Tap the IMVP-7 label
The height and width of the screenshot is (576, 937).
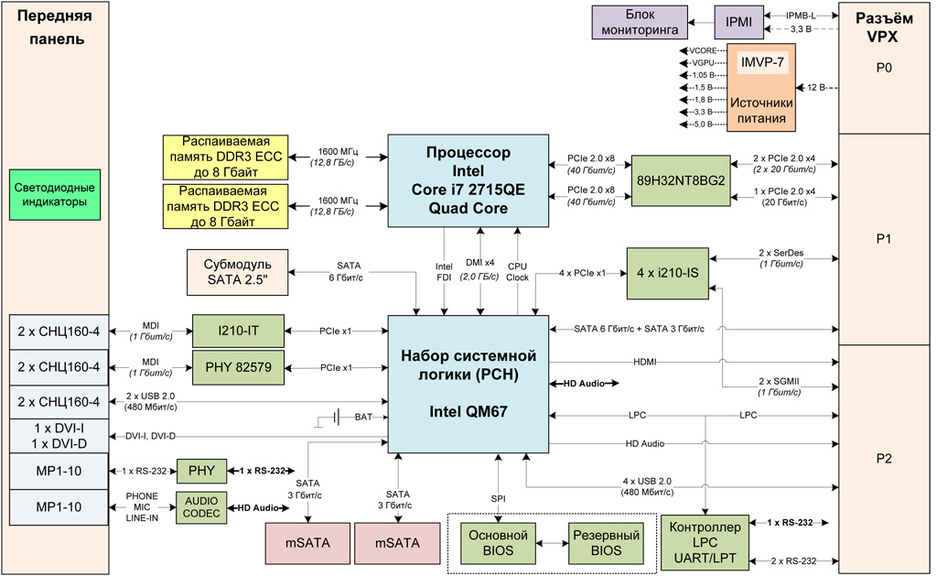point(761,64)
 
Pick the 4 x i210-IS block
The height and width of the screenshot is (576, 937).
point(668,272)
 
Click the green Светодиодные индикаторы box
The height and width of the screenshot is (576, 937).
point(56,194)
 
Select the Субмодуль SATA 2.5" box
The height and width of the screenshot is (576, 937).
point(236,272)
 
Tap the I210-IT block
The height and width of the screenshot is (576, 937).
point(238,331)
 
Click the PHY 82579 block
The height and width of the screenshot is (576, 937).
point(238,368)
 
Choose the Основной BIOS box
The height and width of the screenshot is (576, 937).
point(498,541)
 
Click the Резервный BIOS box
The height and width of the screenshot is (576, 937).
point(605,541)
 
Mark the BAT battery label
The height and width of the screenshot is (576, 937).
point(362,417)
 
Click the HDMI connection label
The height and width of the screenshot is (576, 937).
point(645,363)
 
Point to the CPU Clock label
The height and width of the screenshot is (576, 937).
point(519,272)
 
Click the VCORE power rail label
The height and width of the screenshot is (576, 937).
point(706,49)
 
